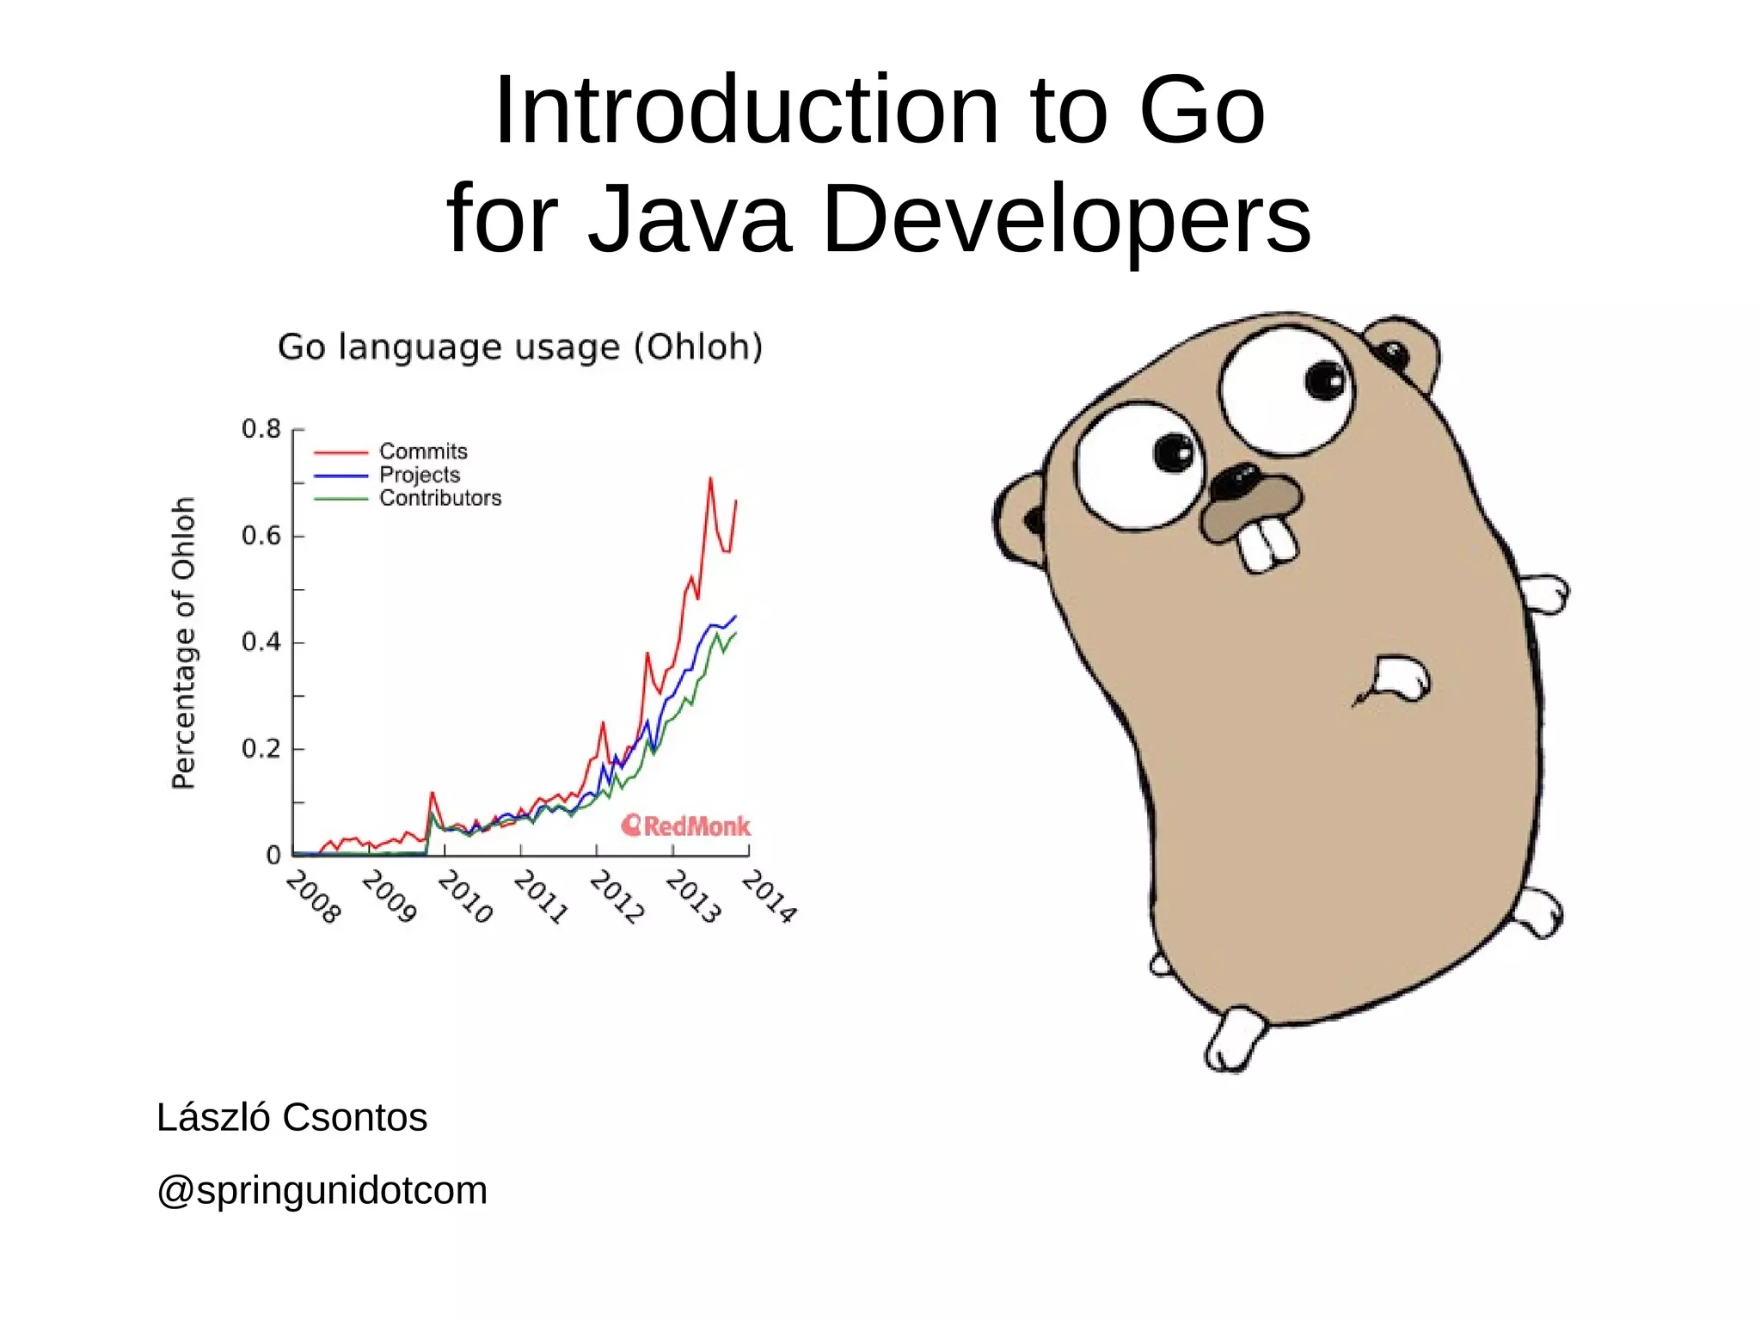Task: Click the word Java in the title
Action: (x=688, y=219)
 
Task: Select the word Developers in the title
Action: (x=1066, y=219)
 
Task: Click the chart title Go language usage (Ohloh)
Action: (x=520, y=347)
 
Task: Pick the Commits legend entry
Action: (x=423, y=451)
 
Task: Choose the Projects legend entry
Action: (x=420, y=475)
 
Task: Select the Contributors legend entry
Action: (x=440, y=498)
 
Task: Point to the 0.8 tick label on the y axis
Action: (x=261, y=428)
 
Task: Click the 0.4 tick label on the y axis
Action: (x=261, y=642)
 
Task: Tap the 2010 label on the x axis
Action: (x=465, y=897)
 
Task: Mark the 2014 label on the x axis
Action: (x=770, y=897)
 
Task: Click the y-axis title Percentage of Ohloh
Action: (x=184, y=642)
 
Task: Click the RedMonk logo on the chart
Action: (x=686, y=826)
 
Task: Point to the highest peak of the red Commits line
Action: (x=710, y=478)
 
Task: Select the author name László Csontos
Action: (x=291, y=1117)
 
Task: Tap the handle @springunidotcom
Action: (x=322, y=1190)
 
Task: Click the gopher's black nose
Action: (x=1237, y=482)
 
